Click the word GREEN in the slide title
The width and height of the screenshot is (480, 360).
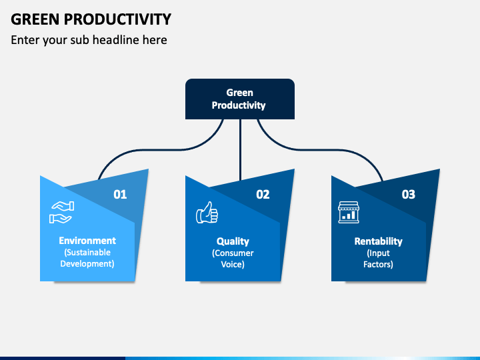coord(35,19)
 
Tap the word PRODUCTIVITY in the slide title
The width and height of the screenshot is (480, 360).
coord(117,19)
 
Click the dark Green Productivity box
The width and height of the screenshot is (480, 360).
coord(240,99)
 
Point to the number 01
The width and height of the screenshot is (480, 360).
coord(120,195)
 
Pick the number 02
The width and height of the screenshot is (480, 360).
coord(263,195)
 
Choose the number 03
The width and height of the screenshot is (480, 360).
coord(409,195)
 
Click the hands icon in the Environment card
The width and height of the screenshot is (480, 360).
coord(61,212)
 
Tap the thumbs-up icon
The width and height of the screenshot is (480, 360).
coord(207,212)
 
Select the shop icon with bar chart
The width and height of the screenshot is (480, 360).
coord(349,212)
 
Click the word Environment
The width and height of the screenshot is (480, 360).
coord(87,241)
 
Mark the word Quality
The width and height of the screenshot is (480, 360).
coord(233,241)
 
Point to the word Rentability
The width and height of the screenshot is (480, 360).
coord(379,241)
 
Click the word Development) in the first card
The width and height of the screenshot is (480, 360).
coord(87,264)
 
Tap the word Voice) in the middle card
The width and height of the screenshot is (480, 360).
coord(233,265)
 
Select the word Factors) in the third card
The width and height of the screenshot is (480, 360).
coord(378,265)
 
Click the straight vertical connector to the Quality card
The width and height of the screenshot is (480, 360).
coord(240,150)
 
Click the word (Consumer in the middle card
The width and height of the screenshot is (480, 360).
coord(233,253)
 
